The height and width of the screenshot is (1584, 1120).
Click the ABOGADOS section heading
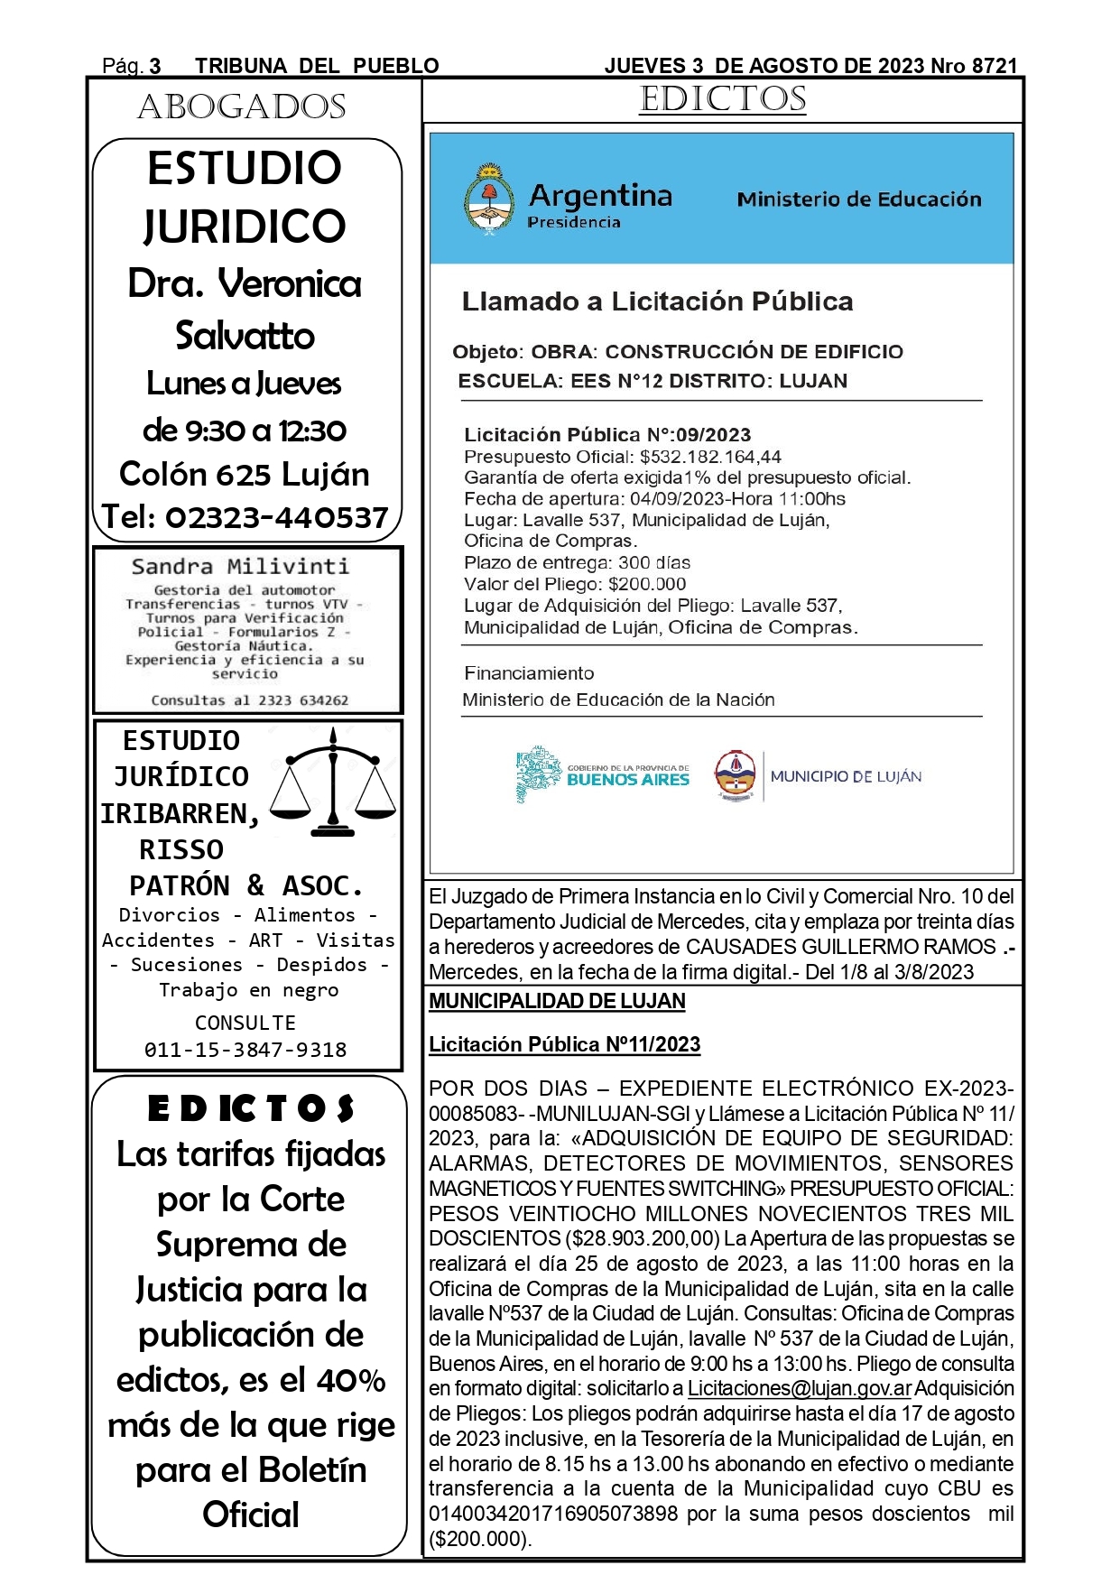coord(242,107)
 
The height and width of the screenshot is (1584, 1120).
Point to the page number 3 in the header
coord(155,66)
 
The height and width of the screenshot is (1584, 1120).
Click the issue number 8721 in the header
coord(995,66)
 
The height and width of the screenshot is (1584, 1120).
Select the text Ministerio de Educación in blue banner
coord(858,199)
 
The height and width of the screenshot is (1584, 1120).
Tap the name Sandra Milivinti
coord(240,567)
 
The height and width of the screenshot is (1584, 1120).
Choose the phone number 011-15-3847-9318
coord(245,1050)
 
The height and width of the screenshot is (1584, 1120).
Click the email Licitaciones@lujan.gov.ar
coord(799,1388)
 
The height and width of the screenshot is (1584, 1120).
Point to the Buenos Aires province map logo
coord(539,774)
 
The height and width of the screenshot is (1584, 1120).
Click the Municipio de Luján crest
coord(735,774)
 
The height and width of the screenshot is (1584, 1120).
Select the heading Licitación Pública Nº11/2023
coord(564,1044)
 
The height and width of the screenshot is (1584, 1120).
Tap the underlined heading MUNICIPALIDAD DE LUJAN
coord(557,1001)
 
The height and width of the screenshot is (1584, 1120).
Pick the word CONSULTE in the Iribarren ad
coord(245,1023)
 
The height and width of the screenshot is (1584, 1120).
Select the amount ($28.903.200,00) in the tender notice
coord(643,1238)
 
